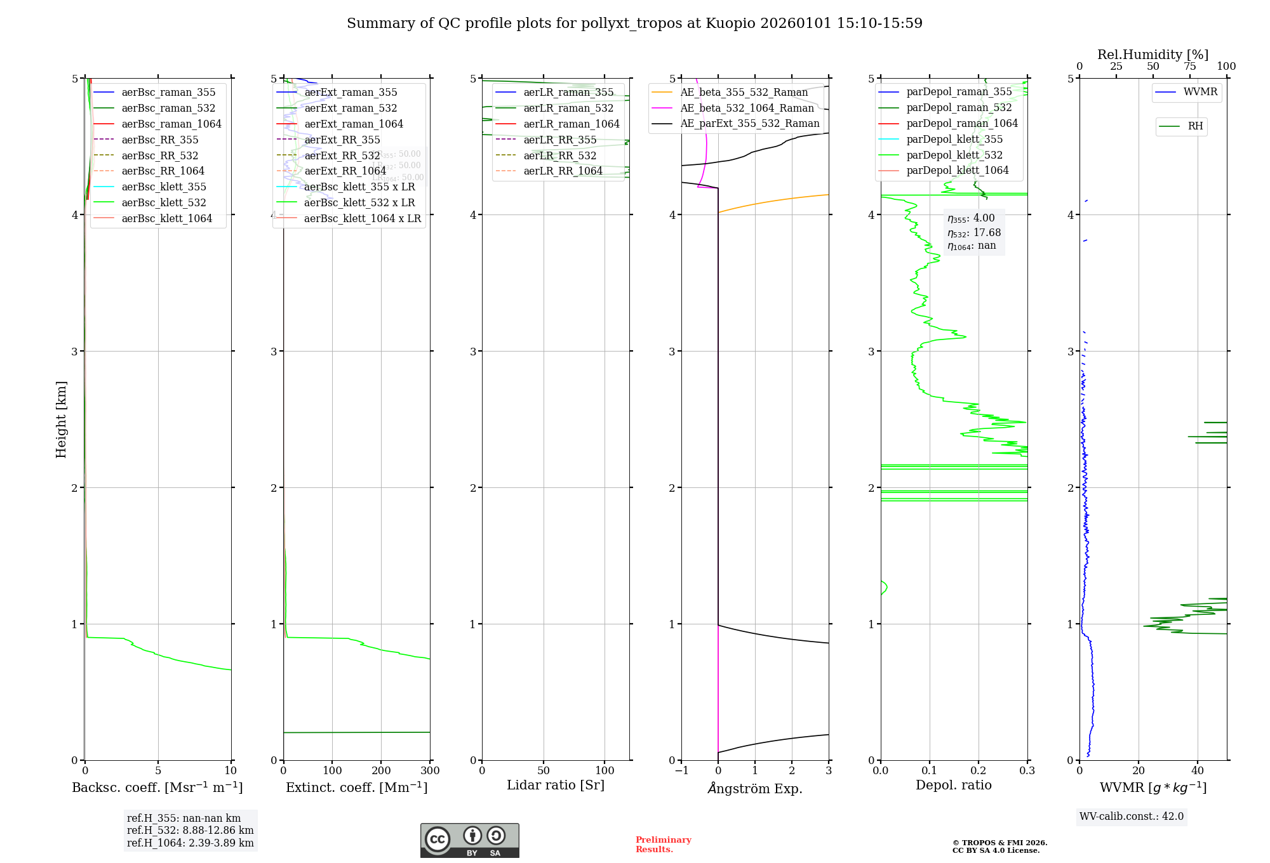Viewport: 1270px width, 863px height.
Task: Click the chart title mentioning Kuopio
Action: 634,23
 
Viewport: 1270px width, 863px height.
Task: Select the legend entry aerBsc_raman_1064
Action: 171,124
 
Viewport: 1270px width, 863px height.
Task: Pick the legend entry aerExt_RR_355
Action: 342,140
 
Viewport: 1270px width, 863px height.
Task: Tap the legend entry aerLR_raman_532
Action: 568,109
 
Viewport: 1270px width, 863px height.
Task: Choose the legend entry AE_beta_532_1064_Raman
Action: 747,108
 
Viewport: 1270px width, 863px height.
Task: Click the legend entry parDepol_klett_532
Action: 954,155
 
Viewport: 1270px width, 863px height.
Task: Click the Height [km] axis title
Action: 61,419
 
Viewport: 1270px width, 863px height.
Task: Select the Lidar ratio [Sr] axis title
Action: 556,786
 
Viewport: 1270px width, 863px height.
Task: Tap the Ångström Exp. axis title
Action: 755,788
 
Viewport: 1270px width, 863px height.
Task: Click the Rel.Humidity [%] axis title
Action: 1153,55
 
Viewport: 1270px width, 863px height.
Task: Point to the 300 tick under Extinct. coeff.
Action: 430,771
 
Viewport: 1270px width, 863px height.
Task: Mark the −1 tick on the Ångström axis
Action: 681,771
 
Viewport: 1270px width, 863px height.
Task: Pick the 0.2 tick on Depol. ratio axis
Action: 979,771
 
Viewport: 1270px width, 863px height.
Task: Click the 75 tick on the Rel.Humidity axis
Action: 1189,67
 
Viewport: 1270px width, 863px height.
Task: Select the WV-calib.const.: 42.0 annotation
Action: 1132,817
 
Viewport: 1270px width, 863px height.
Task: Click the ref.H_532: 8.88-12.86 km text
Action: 190,831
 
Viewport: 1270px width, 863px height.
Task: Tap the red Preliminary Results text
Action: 663,845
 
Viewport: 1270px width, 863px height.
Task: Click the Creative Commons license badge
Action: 469,841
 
